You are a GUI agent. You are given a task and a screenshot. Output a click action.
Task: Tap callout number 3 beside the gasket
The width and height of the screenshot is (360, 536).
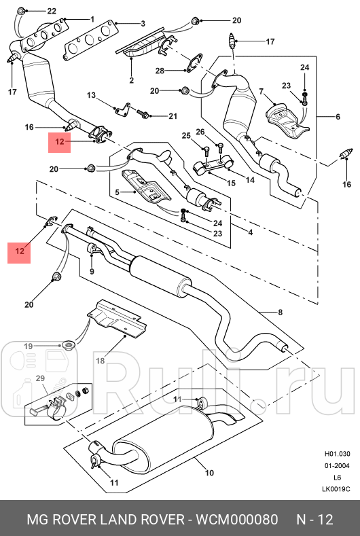coord(143,24)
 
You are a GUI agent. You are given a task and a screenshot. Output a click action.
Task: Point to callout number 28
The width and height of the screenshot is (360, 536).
coord(160,71)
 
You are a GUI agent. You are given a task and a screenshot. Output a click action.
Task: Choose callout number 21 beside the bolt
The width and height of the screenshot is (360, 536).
coord(173,115)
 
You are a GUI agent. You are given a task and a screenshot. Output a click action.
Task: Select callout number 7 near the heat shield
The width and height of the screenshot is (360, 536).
coord(261,92)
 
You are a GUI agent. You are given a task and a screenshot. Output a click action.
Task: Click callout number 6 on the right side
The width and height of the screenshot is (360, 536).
coord(338,117)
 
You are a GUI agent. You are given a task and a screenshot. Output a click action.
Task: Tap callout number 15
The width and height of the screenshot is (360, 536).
coord(231,183)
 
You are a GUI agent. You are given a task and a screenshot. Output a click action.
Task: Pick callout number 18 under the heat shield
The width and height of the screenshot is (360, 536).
coord(100,361)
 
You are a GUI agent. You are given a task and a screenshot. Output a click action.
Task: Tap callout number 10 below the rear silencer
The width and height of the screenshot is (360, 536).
coord(209,473)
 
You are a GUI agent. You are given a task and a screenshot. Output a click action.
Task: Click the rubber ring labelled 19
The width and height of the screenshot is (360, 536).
coord(69,349)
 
